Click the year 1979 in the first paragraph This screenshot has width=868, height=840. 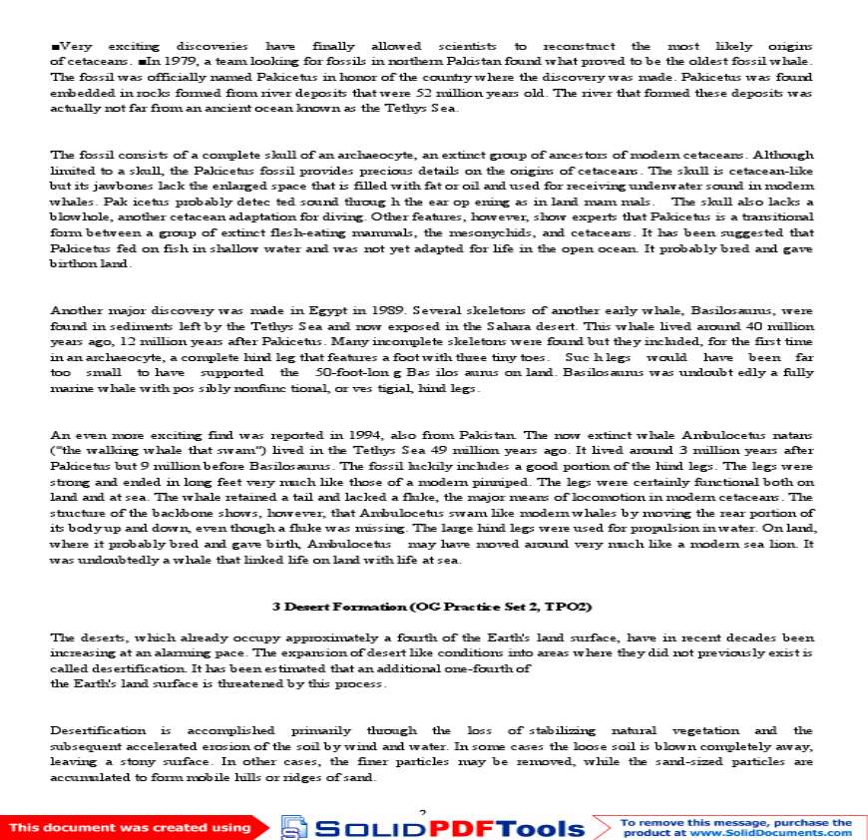[161, 62]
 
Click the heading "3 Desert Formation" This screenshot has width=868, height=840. [434, 607]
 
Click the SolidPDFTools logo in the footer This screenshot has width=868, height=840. [431, 827]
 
